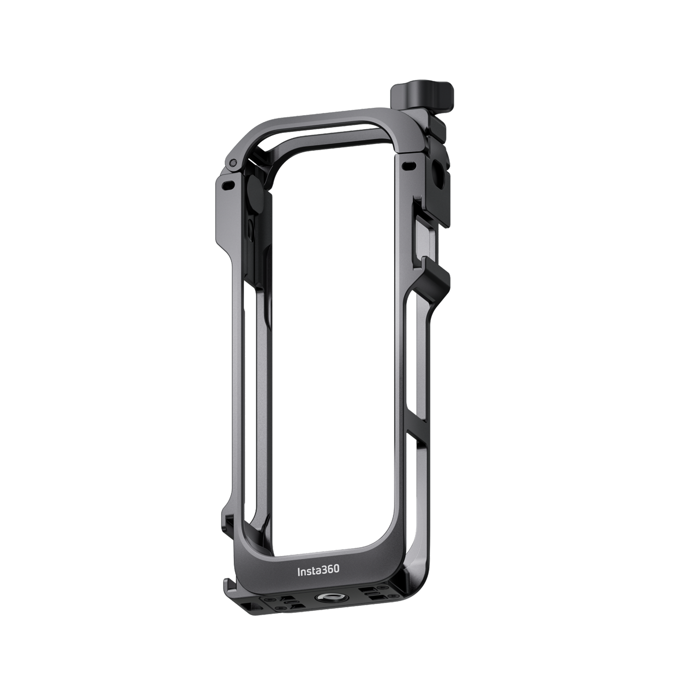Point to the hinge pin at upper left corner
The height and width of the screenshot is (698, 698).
(x=232, y=163)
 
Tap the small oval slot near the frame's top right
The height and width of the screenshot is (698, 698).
(x=408, y=164)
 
